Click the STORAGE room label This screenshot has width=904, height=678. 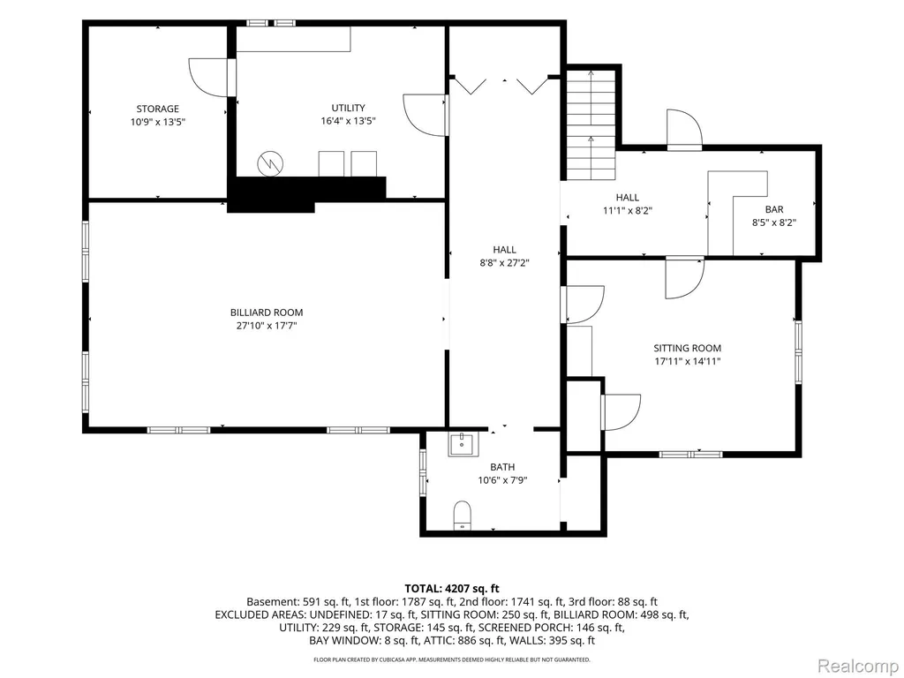(x=157, y=109)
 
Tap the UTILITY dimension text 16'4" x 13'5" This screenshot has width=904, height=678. (x=348, y=121)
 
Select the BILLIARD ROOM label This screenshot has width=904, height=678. (x=267, y=313)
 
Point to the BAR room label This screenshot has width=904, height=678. (x=774, y=210)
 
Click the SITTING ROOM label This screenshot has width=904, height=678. (x=687, y=348)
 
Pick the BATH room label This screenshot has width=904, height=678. (x=502, y=467)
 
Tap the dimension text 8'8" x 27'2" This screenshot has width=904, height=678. (x=504, y=263)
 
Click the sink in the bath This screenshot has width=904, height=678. (x=461, y=445)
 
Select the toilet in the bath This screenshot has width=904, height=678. (x=463, y=516)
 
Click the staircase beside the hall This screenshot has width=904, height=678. (x=591, y=124)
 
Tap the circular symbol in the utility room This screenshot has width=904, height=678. (x=270, y=163)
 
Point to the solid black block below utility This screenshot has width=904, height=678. (x=306, y=193)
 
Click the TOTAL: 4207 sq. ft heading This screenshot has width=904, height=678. (x=452, y=589)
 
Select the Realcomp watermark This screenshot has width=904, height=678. (x=858, y=666)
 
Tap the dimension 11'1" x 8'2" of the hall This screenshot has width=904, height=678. (x=628, y=210)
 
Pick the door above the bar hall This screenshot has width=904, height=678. (x=684, y=130)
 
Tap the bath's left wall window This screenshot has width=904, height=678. (x=423, y=471)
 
